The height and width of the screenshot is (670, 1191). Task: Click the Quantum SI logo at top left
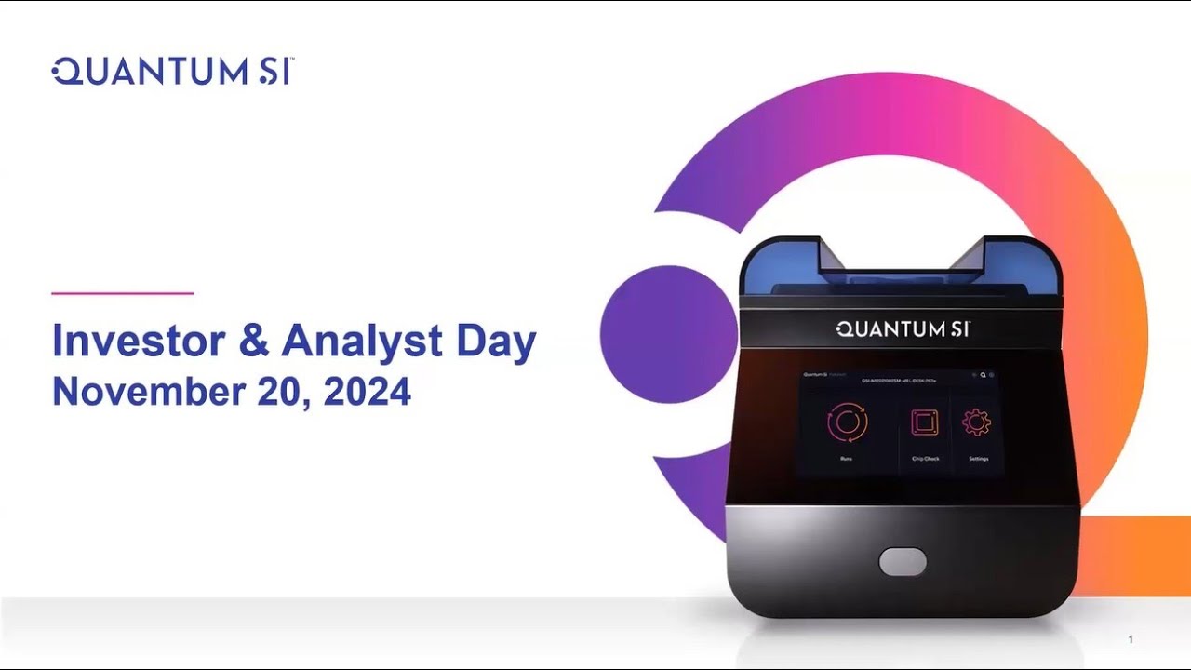tap(173, 72)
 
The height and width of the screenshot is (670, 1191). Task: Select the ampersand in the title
tap(253, 342)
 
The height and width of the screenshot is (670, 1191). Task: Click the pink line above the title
tap(122, 293)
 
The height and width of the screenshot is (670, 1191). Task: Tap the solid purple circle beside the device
tap(668, 334)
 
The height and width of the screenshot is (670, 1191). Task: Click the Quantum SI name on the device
tap(903, 328)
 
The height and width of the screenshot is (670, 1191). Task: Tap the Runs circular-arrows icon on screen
tap(847, 422)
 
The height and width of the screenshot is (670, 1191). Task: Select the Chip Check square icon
tap(925, 423)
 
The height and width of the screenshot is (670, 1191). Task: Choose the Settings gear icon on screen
tap(977, 422)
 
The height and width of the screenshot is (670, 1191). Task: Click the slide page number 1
tap(1131, 639)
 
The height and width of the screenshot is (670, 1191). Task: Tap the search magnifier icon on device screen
tap(983, 375)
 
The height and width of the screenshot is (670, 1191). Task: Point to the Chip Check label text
tap(925, 459)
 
